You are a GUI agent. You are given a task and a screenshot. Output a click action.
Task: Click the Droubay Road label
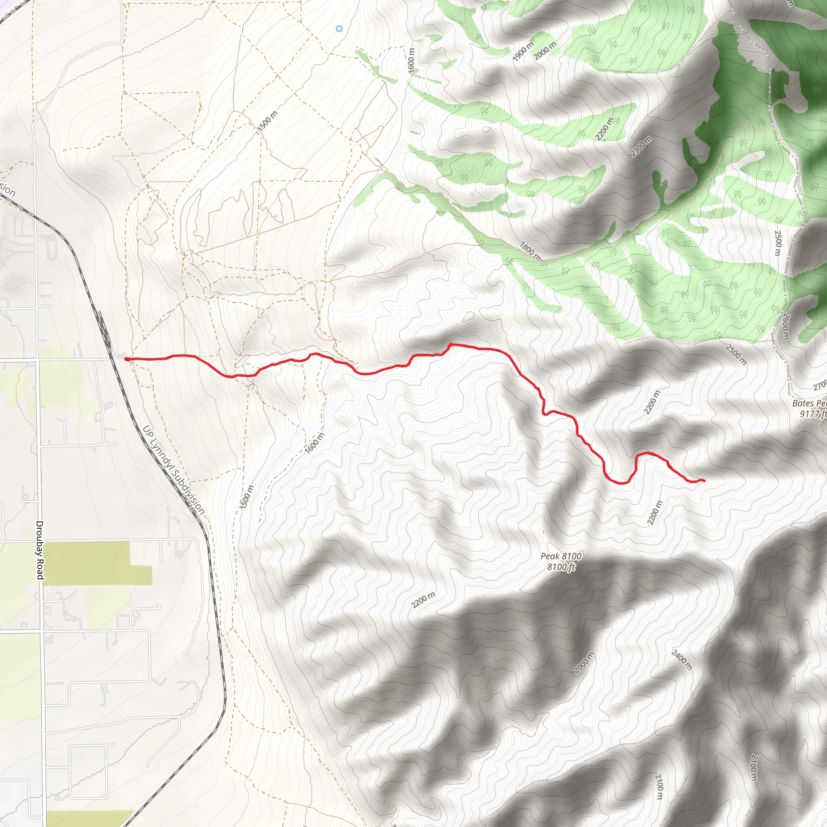click(x=40, y=550)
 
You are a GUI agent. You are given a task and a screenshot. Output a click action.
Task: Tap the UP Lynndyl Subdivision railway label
click(x=173, y=470)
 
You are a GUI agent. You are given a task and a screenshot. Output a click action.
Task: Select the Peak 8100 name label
click(x=561, y=556)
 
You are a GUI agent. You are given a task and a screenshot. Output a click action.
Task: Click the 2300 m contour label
click(x=641, y=147)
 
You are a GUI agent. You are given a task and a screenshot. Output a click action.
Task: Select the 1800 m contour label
click(x=530, y=251)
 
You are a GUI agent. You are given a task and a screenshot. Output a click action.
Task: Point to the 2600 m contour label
click(x=785, y=327)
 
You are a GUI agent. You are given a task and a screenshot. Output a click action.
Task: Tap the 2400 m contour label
click(x=682, y=659)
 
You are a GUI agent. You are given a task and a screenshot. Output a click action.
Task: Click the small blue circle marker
click(x=339, y=29)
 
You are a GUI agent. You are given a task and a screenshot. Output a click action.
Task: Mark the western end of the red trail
click(x=127, y=359)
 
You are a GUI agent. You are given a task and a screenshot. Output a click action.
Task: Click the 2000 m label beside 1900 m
click(x=545, y=51)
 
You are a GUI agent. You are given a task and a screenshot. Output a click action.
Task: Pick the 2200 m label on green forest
click(x=604, y=128)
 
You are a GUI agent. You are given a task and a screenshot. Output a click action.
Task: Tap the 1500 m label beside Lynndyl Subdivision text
click(x=247, y=497)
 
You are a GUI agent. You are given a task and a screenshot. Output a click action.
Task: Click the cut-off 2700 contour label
click(x=820, y=386)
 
